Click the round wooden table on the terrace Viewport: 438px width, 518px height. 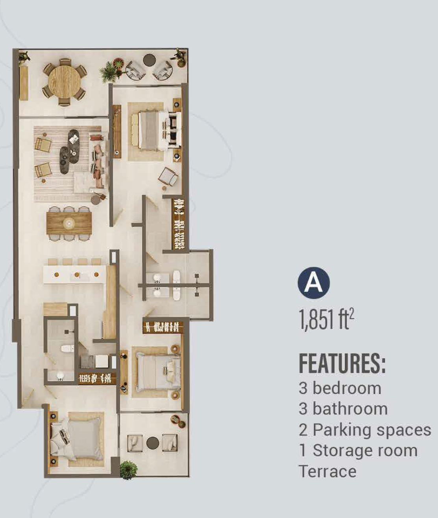pos(64,82)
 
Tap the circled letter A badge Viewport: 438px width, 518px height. pos(314,283)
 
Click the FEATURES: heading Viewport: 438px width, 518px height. pos(342,364)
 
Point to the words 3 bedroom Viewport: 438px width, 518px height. pos(340,388)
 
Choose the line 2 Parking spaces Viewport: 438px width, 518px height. pos(365,430)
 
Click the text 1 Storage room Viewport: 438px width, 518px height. pos(358,450)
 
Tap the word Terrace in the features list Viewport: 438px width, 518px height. pos(327,471)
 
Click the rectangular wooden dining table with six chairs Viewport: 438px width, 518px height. pos(69,223)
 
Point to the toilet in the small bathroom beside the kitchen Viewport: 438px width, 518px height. pos(67,348)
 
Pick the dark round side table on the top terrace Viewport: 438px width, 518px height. pos(150,60)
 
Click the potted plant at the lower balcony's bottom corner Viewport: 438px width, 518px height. pos(128,470)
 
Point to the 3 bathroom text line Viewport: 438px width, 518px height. pos(343,409)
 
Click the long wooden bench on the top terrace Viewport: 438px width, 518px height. pos(24,83)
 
